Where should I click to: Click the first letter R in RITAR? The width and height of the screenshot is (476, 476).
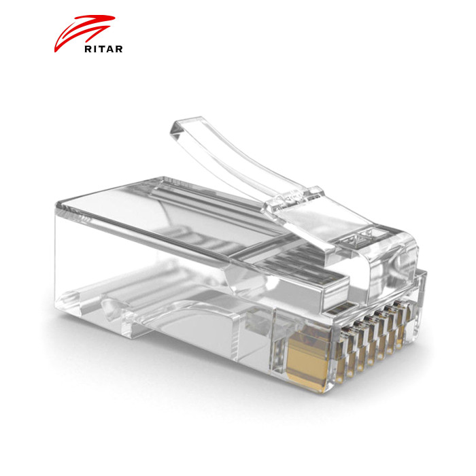click(x=88, y=49)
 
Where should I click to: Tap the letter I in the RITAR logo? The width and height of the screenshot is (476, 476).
click(x=95, y=49)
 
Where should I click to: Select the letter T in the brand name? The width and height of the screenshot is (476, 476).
click(x=102, y=49)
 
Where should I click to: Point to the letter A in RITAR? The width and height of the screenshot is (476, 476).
click(x=110, y=49)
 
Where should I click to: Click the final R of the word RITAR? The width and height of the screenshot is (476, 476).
click(x=119, y=49)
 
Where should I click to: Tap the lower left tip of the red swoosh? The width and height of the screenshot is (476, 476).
click(x=55, y=52)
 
